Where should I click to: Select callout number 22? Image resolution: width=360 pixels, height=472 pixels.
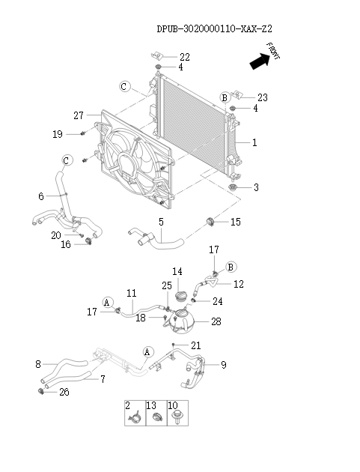point(185,58)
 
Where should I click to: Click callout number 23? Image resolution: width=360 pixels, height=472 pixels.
point(262,97)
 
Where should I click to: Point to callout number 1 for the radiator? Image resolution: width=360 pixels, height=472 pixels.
point(255,142)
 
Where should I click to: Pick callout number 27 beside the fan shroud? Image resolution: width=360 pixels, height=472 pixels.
point(79,115)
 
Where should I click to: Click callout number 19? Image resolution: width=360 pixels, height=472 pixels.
point(57,134)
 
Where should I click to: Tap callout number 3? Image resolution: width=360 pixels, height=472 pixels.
point(256,187)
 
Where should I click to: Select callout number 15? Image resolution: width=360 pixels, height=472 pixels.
point(235,222)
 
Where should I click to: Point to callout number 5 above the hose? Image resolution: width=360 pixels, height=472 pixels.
point(160,222)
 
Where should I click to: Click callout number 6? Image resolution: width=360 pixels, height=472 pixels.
point(41,196)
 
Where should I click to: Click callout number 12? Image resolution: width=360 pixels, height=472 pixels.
point(239,284)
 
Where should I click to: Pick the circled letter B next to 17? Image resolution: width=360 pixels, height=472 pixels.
point(231,266)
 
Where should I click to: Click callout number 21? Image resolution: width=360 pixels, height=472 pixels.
point(196,345)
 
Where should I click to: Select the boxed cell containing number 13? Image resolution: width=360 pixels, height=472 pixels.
point(156,414)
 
